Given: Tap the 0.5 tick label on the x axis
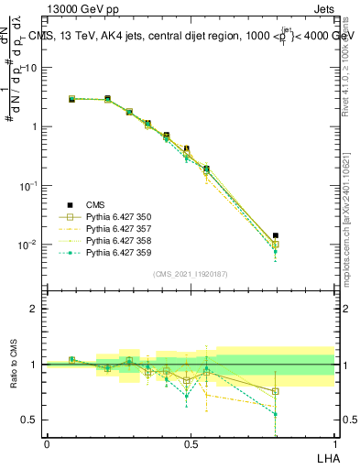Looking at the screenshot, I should pyautogui.click(x=191, y=443).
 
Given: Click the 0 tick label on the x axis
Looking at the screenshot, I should pyautogui.click(x=47, y=443).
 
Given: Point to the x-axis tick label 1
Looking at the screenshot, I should pyautogui.click(x=333, y=443).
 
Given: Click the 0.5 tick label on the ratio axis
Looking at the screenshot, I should pyautogui.click(x=29, y=420).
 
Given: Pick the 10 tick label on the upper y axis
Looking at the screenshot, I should pyautogui.click(x=30, y=67).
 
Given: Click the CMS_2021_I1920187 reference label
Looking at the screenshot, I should pyautogui.click(x=191, y=274).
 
